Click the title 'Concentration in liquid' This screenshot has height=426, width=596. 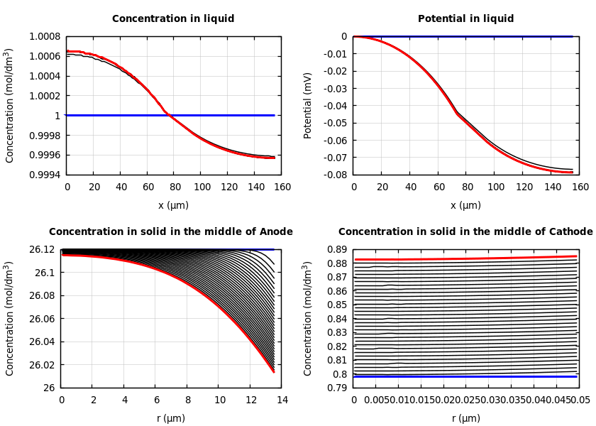(x=173, y=19)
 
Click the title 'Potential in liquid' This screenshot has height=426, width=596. (x=465, y=19)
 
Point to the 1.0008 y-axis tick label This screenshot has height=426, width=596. (x=44, y=36)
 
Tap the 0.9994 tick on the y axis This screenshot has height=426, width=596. (x=44, y=175)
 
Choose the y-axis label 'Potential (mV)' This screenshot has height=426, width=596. (x=308, y=105)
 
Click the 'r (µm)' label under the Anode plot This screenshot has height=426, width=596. (x=171, y=418)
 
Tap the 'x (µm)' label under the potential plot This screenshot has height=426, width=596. (x=465, y=205)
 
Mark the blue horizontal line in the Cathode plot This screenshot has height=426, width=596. (x=465, y=376)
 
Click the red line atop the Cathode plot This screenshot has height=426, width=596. (x=465, y=258)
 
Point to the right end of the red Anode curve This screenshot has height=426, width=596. (x=273, y=371)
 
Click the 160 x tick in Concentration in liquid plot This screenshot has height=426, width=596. (x=282, y=187)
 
